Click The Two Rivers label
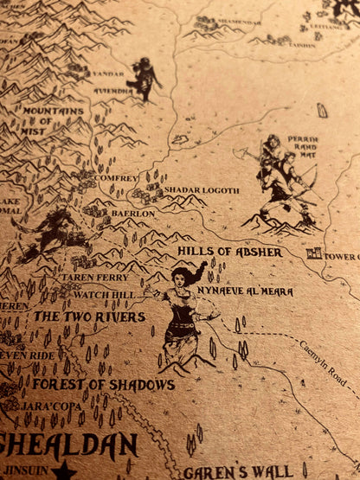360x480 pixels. click(x=89, y=317)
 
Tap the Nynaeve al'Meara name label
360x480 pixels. click(x=245, y=291)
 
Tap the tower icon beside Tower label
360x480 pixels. click(x=314, y=254)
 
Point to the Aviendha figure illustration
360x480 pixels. click(x=144, y=78)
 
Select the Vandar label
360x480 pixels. click(x=108, y=74)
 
